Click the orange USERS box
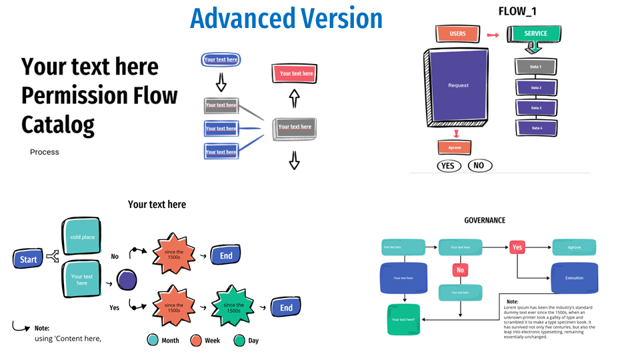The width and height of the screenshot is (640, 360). [457, 33]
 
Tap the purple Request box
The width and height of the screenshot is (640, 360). [458, 86]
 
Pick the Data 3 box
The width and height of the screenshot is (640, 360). [535, 108]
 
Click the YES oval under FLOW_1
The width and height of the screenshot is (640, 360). [449, 165]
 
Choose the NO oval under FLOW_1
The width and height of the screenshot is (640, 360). [480, 165]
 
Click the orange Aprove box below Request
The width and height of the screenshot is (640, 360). [455, 147]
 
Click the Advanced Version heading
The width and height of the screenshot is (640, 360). [286, 18]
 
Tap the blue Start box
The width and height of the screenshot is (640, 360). [28, 259]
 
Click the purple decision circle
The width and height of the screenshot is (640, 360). [126, 279]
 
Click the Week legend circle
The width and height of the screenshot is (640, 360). [196, 340]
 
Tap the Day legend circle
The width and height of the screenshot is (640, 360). [240, 340]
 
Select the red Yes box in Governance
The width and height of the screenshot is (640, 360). [517, 247]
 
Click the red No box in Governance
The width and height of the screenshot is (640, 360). [460, 271]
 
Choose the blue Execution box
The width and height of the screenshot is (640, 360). [573, 277]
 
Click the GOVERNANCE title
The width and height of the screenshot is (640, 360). [485, 221]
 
